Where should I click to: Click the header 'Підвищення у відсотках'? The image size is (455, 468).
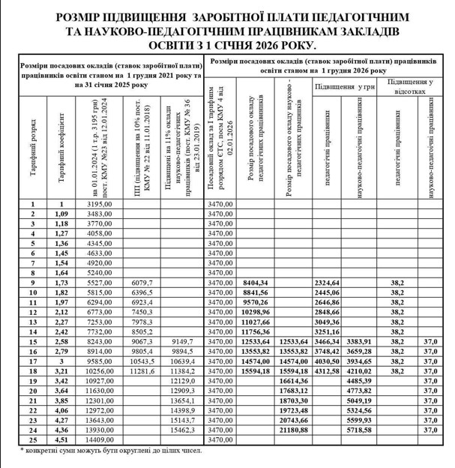(x=413, y=85)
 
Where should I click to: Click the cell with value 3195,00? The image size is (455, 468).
(x=100, y=204)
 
